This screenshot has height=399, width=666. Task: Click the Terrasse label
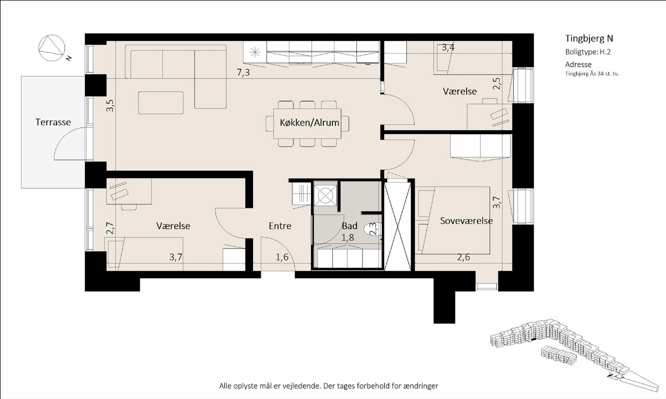coord(53,122)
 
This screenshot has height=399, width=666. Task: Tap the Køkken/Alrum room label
coord(310,123)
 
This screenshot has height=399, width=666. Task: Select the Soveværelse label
coord(466,221)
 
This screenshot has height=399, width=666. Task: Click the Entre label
coord(280,226)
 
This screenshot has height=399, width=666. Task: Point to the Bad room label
coord(349,226)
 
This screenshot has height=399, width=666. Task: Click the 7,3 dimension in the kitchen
coord(243,72)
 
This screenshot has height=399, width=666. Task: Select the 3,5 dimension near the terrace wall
coord(110,106)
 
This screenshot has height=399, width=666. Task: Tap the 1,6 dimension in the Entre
coord(282,257)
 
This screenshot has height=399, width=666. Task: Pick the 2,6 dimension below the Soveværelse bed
coord(464,257)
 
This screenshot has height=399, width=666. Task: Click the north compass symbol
coord(52,48)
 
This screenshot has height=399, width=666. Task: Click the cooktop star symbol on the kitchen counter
coord(255,52)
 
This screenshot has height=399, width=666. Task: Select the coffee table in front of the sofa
coord(161,103)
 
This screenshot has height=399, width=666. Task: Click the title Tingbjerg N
coord(589,39)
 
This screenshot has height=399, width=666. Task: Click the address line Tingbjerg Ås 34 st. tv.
coord(591,74)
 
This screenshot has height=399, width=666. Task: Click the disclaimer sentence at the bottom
coord(328,386)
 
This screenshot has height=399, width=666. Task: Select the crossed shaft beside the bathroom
coord(398,226)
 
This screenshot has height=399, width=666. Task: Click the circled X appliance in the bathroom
coord(326,195)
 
